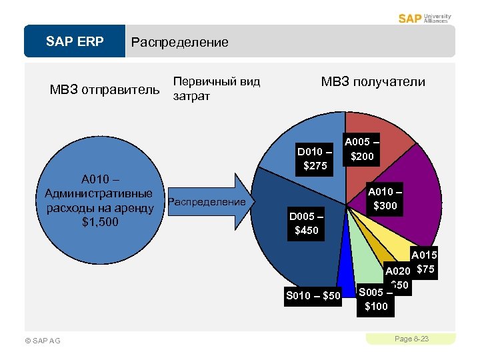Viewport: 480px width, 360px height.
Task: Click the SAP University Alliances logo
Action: pyautogui.click(x=424, y=18)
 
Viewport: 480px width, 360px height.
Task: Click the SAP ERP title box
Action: pyautogui.click(x=75, y=42)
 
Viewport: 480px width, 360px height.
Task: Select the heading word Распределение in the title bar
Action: pyautogui.click(x=179, y=43)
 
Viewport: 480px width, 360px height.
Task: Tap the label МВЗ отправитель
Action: pyautogui.click(x=105, y=89)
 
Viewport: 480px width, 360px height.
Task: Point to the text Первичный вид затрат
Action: pyautogui.click(x=215, y=89)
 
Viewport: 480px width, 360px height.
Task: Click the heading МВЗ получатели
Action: pyautogui.click(x=373, y=82)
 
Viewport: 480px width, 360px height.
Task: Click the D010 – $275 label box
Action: pyautogui.click(x=315, y=158)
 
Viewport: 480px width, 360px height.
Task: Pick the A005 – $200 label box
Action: pyautogui.click(x=363, y=149)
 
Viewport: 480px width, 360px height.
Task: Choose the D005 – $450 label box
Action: pyautogui.click(x=307, y=224)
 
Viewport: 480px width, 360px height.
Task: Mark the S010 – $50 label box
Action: pyautogui.click(x=313, y=295)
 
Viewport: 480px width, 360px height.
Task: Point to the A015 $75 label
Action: pyautogui.click(x=424, y=263)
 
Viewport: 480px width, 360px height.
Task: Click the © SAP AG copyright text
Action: pyautogui.click(x=41, y=341)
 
